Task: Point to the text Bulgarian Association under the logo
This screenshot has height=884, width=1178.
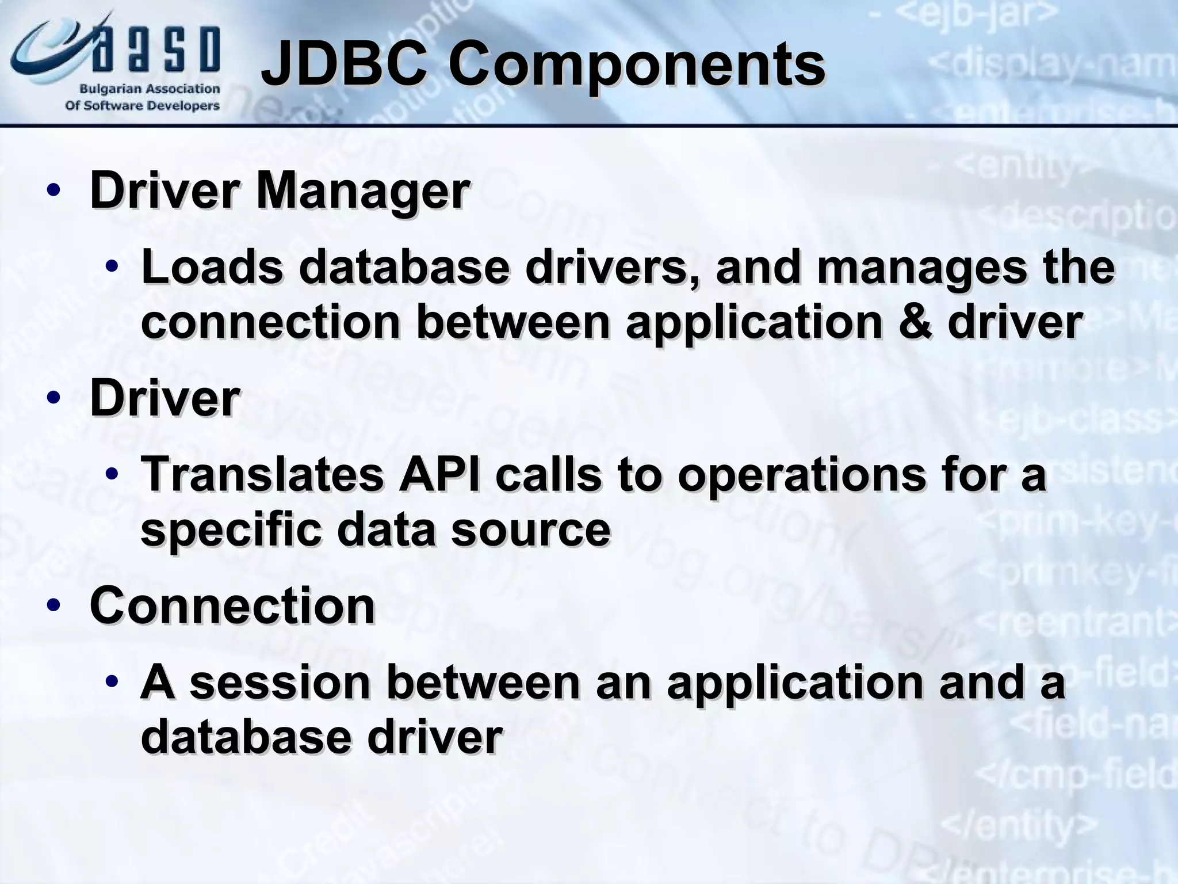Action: click(x=150, y=89)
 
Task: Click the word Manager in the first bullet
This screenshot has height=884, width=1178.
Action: click(x=363, y=192)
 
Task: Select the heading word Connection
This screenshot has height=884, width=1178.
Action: click(x=232, y=605)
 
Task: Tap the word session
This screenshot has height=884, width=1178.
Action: click(x=280, y=682)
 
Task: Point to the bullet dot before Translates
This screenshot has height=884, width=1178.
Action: click(x=112, y=475)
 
